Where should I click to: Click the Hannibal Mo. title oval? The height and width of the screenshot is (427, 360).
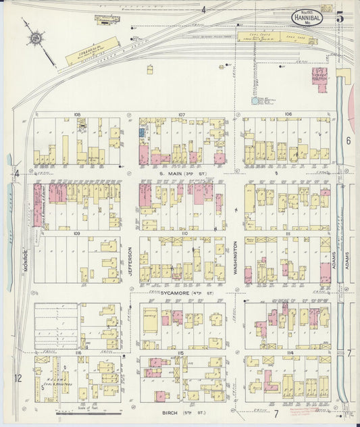coord(307,17)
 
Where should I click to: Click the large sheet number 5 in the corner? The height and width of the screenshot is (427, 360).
coord(340,17)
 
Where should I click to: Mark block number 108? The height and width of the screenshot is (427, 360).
coord(77,115)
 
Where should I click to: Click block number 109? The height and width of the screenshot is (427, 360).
coord(77,233)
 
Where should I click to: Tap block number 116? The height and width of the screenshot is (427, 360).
coord(77,353)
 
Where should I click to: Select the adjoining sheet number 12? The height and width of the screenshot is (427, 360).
coord(18,378)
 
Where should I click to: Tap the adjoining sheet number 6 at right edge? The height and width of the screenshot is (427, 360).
coord(349,141)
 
